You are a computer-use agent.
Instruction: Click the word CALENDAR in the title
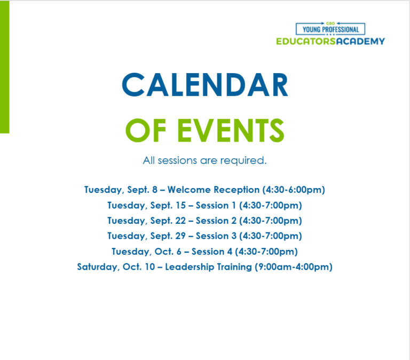[205, 85]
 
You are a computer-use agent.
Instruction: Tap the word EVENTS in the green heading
[231, 130]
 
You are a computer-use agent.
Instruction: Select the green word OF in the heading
[146, 130]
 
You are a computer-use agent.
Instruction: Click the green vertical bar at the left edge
[4, 67]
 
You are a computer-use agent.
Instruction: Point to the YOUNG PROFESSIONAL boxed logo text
[330, 29]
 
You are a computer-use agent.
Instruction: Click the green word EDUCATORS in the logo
[306, 41]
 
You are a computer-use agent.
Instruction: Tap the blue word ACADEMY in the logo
[360, 41]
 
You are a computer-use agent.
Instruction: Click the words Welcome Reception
[214, 190]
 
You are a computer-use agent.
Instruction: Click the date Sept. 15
[168, 206]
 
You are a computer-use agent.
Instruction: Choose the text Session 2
[216, 221]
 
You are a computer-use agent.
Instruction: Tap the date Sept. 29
[168, 236]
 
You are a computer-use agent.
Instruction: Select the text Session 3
[216, 236]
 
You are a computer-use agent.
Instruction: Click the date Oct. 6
[168, 252]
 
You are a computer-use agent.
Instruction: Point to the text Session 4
[212, 252]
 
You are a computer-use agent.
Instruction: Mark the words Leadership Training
[208, 267]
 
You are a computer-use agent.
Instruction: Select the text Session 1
[216, 206]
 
